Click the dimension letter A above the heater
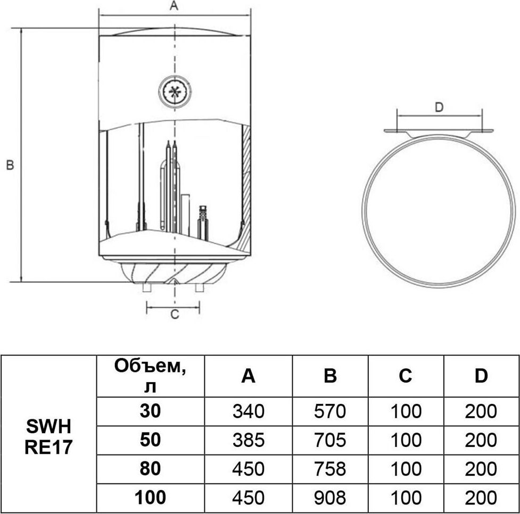174,6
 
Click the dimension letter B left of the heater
10,165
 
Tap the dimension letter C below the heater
175,314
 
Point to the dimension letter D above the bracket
439,107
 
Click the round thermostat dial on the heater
175,91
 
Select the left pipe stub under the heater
147,287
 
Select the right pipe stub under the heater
199,287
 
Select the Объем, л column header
150,376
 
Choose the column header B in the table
331,376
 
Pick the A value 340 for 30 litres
249,411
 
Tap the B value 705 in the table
330,440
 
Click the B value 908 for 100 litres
330,498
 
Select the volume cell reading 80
150,469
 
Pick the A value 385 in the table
249,440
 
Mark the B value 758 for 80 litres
330,469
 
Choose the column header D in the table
481,376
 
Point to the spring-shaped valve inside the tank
203,223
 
